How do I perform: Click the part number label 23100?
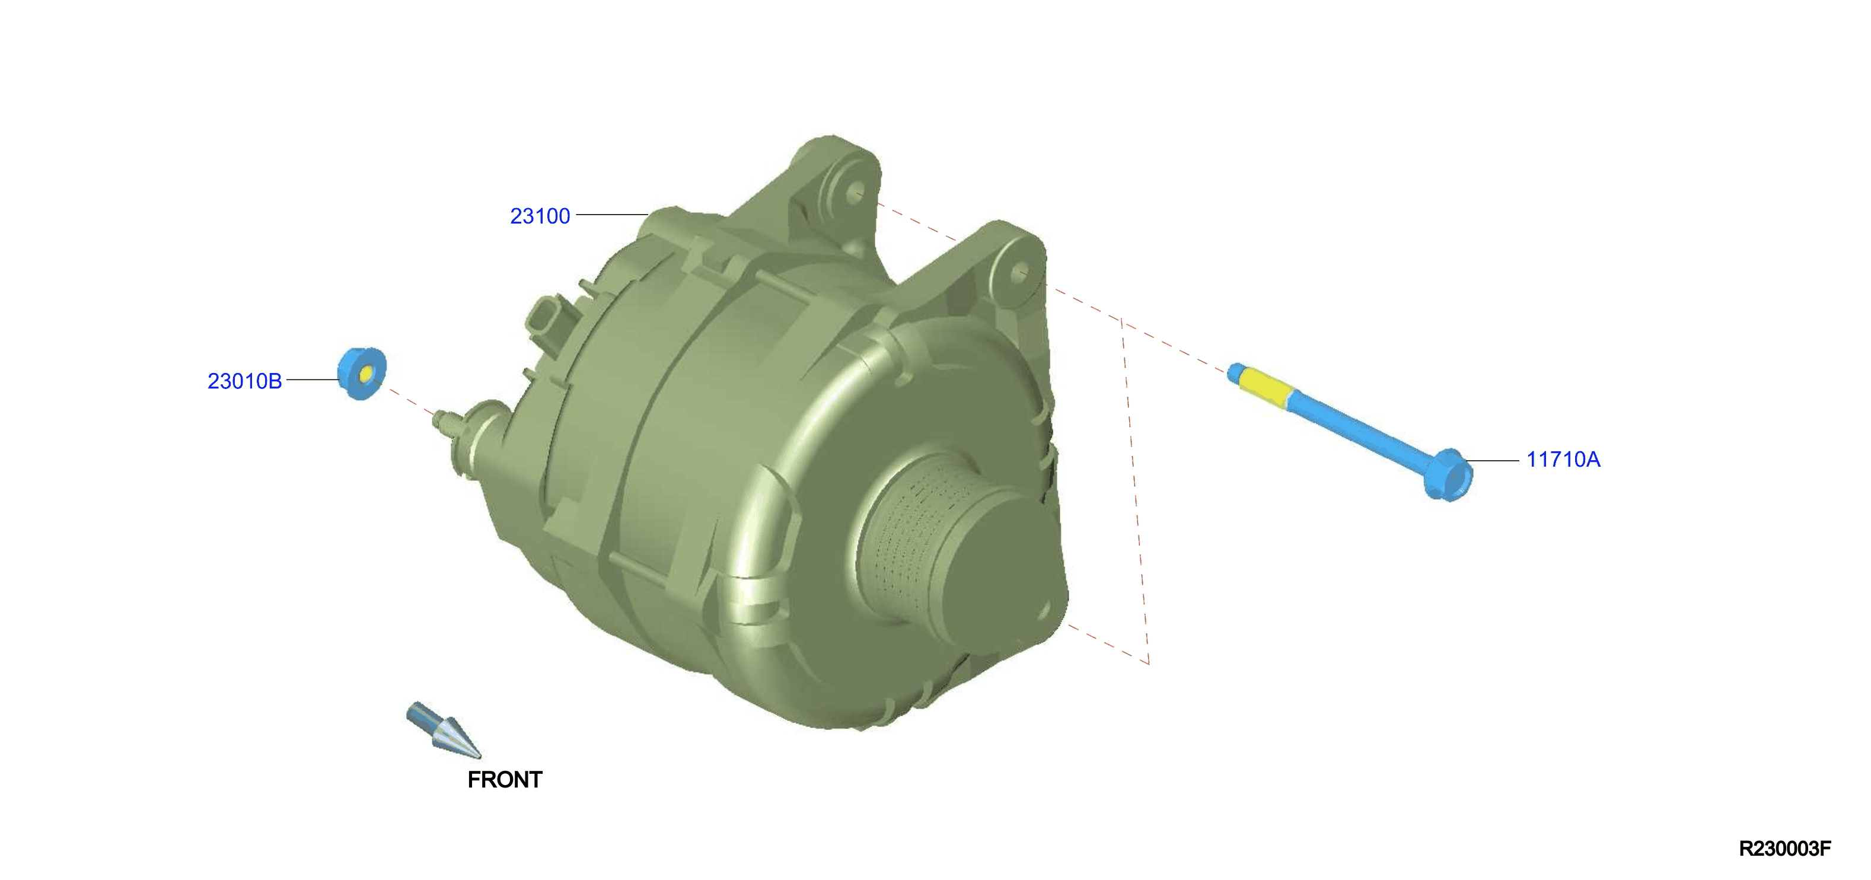(540, 216)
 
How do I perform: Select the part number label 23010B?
(244, 381)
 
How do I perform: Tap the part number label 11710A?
(1563, 459)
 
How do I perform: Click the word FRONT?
(505, 779)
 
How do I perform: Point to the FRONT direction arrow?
(443, 730)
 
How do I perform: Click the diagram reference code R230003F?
(1784, 848)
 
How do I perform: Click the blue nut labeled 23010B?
(362, 373)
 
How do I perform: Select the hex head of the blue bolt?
(1448, 475)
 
